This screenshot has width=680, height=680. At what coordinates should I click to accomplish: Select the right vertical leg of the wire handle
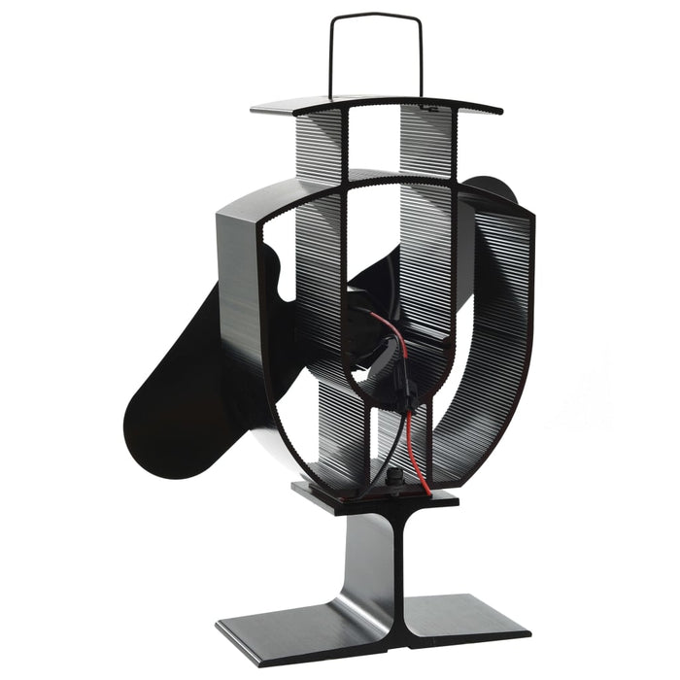coord(423,58)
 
